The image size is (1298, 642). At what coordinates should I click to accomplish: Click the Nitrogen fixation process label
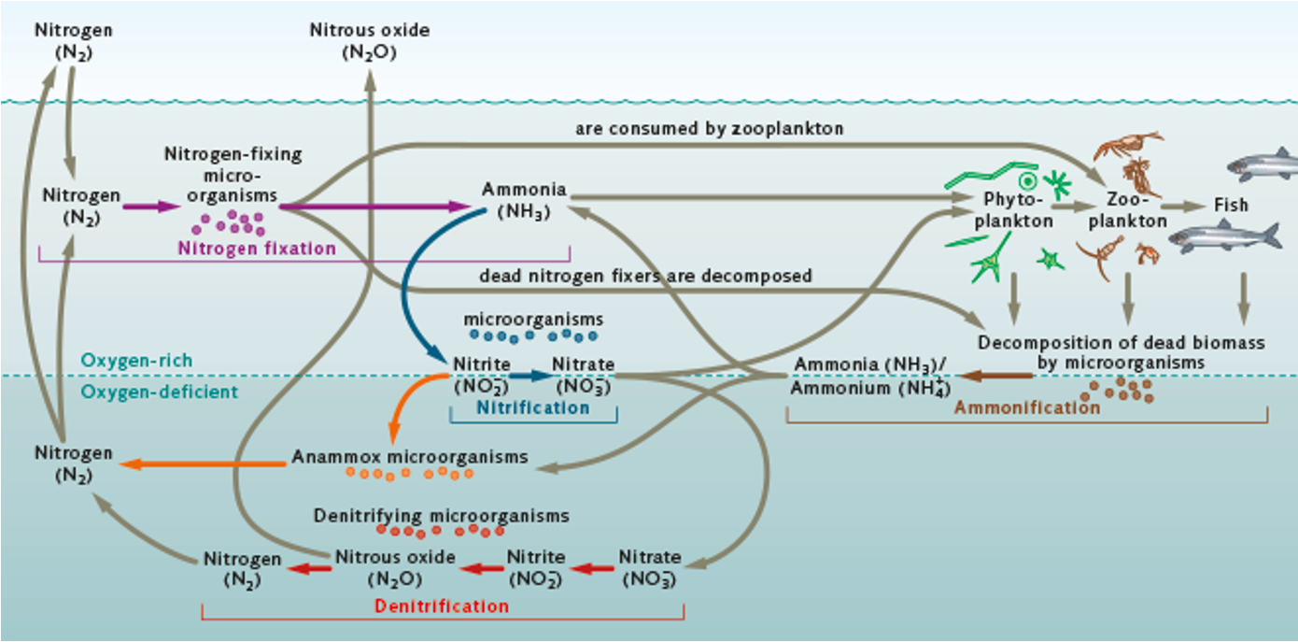pos(257,249)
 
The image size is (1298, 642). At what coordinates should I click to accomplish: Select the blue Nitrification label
pos(533,407)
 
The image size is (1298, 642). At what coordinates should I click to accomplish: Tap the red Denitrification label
pos(442,606)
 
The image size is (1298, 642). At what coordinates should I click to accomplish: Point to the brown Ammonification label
pos(1026,407)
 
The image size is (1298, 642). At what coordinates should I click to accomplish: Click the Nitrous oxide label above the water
pos(370,41)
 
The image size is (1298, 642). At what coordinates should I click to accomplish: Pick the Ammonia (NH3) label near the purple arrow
pos(524,199)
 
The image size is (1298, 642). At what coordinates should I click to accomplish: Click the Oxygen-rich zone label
pos(136,360)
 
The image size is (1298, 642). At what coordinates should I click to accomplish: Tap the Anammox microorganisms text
pos(410,457)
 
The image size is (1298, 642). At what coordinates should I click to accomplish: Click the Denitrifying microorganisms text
pos(441,515)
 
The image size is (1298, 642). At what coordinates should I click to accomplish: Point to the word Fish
pos(1231,205)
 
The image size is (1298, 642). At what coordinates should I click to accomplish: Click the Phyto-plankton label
pos(1018,210)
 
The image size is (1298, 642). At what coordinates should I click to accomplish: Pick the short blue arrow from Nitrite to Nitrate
pos(531,376)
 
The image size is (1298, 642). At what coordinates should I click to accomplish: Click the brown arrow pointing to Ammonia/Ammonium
pos(995,376)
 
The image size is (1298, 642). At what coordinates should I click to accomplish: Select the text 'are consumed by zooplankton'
pos(709,129)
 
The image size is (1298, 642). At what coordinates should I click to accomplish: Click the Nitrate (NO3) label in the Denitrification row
pos(649,567)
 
